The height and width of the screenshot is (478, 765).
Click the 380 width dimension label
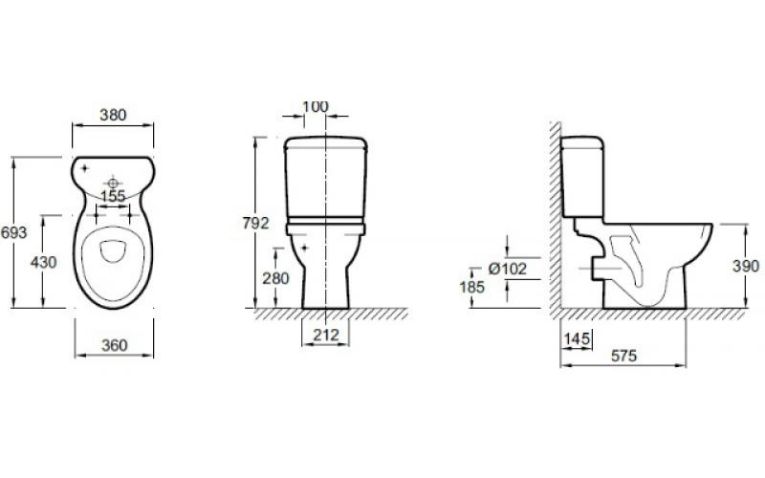coord(113,115)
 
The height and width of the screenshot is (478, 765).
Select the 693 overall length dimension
coord(13,232)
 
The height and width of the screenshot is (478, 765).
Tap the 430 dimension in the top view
coord(43,262)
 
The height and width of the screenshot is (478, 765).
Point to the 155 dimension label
coord(113,196)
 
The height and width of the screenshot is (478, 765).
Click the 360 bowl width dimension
coord(114,345)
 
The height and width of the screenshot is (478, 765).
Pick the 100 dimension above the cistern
coord(316,106)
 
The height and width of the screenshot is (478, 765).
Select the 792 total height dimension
coord(255,223)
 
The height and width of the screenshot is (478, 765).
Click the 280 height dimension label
coord(275,278)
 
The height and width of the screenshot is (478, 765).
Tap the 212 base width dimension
coord(325,336)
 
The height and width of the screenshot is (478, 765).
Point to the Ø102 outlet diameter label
coord(508,269)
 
